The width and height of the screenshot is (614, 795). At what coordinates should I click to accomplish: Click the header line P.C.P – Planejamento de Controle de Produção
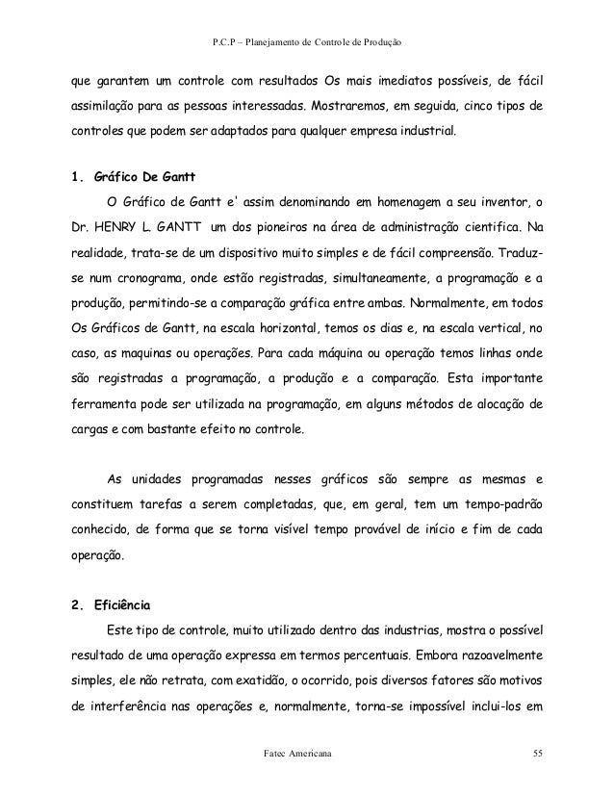point(306,44)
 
